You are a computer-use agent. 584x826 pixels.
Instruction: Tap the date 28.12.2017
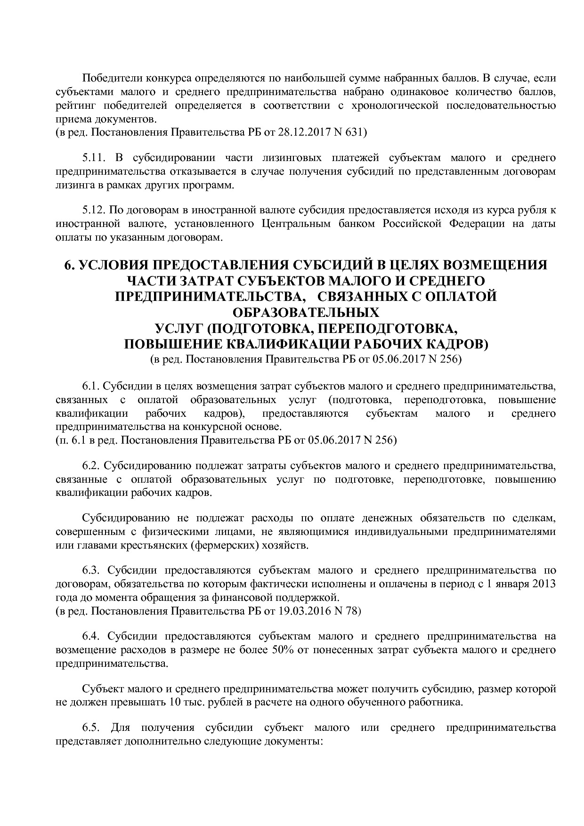point(300,132)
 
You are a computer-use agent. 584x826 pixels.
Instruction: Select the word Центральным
point(295,224)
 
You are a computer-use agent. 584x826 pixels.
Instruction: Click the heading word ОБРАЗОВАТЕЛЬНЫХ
point(306,312)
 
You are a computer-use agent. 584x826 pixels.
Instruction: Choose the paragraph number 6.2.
point(91,466)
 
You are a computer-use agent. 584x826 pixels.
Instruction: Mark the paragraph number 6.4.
point(91,636)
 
